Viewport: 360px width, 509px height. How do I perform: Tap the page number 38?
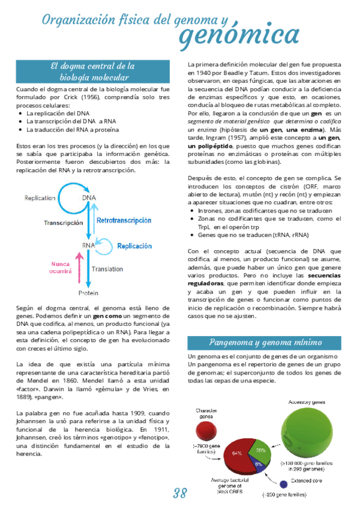[180, 494]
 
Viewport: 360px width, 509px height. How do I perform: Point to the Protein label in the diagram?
[88, 293]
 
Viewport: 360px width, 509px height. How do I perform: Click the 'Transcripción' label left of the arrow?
[63, 222]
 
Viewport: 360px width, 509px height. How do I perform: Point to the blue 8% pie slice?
[258, 465]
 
